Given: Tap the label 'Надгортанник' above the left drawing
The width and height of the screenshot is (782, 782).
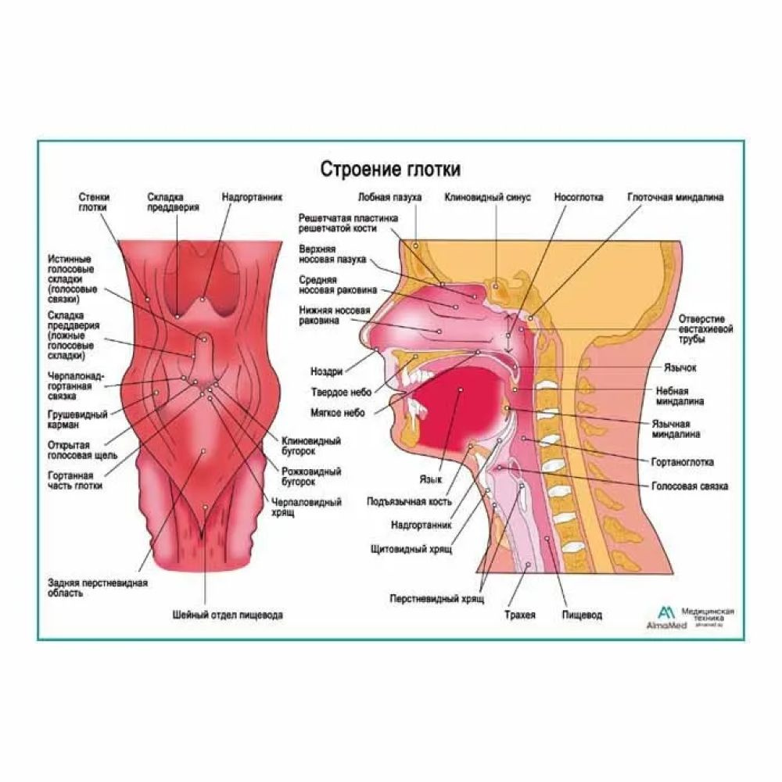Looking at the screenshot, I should pos(251,198).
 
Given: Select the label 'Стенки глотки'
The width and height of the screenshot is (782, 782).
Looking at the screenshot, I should pos(94,203).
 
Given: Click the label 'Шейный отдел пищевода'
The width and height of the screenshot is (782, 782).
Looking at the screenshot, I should pos(228,615).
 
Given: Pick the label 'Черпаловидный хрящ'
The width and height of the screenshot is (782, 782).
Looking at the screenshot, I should pos(306,507).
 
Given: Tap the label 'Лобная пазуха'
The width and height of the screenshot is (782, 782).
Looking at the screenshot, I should pos(390,198).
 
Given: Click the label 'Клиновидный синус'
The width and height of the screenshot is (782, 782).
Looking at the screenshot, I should pos(487,198).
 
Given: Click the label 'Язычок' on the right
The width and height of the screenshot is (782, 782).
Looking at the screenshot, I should pos(681,367).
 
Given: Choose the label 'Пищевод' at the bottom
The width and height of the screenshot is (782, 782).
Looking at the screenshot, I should pos(582,615).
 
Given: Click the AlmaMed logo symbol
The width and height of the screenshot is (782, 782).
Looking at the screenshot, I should pos(665,610).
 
